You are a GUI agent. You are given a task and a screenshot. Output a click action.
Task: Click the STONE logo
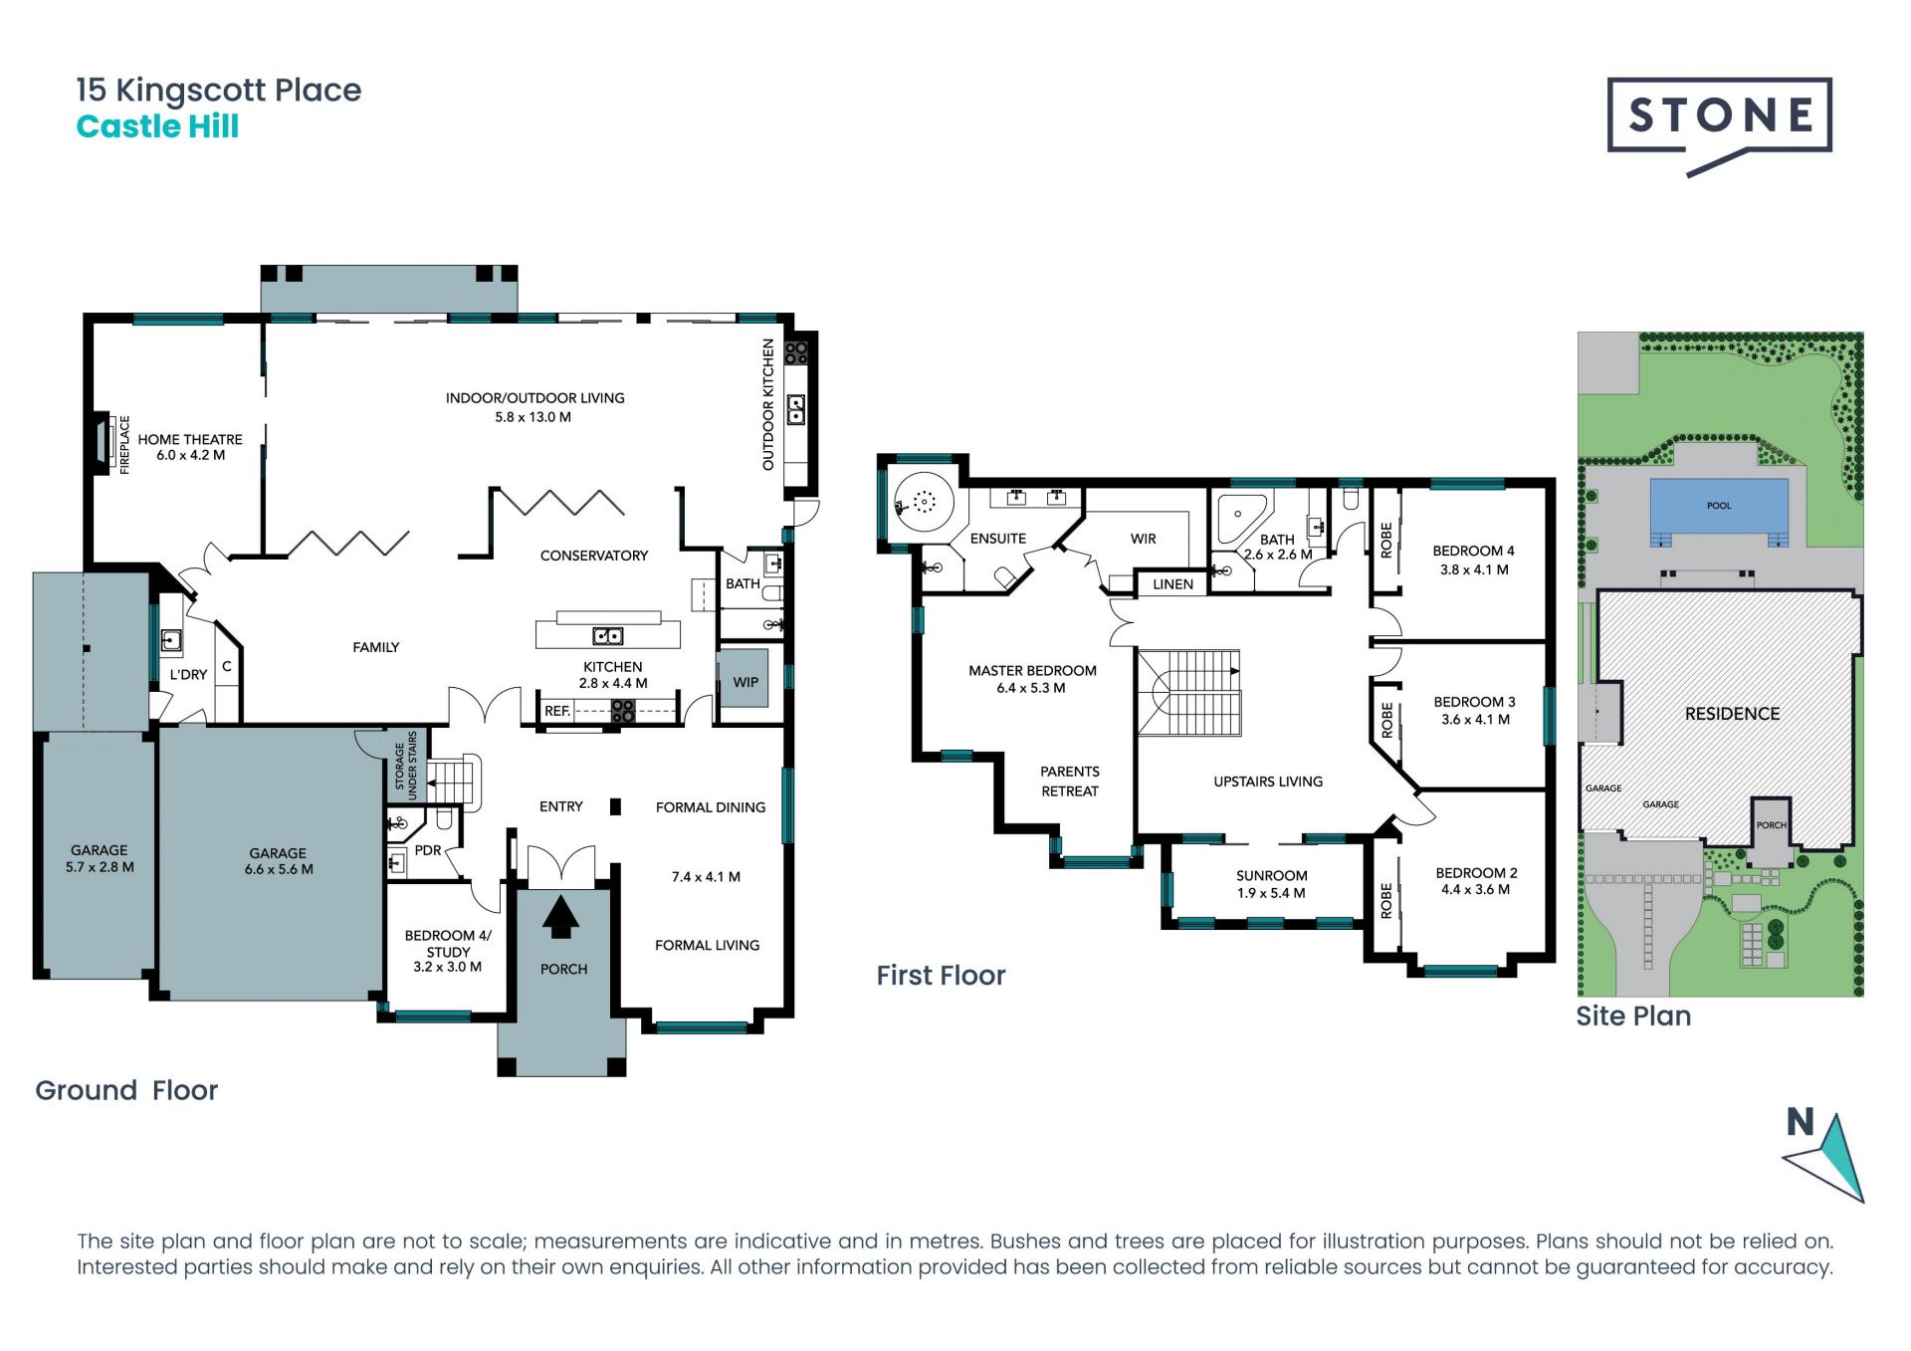tap(1719, 121)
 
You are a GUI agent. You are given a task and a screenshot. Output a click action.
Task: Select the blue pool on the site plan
tap(1719, 509)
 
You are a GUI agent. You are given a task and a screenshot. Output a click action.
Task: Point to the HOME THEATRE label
tap(190, 439)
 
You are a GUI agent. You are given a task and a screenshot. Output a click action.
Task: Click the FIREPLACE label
tap(124, 445)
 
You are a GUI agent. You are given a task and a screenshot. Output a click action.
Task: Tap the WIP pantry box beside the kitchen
tap(743, 678)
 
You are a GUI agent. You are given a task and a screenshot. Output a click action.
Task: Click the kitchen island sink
tap(607, 635)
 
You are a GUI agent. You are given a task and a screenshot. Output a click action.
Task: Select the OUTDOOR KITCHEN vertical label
tap(767, 404)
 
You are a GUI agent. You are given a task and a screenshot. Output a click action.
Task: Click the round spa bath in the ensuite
tap(924, 502)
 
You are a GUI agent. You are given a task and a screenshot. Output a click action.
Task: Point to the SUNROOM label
tap(1271, 875)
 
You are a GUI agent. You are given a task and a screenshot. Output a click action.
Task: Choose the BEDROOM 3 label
tap(1474, 702)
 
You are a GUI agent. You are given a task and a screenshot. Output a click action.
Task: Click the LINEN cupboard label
tap(1172, 584)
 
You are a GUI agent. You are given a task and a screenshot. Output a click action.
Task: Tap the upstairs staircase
tap(1190, 693)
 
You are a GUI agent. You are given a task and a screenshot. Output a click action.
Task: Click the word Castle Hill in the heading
tap(157, 126)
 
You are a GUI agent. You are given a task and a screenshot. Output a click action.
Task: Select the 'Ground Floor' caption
tap(126, 1090)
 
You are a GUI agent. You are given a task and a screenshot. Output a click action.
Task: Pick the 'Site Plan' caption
tap(1633, 1016)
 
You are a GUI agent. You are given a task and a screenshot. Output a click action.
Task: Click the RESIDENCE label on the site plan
tap(1732, 714)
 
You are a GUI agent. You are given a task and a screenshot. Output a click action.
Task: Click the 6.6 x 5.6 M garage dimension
tap(279, 869)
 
